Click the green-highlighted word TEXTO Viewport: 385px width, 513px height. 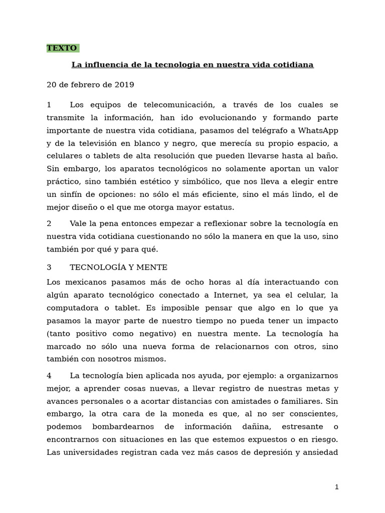tap(62, 48)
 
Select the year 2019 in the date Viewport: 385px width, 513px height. tap(124, 85)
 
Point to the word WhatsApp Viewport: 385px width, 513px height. tap(318, 131)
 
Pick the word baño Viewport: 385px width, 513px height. tap(328, 156)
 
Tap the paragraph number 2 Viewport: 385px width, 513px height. tap(49, 223)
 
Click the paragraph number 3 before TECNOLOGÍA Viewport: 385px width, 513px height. tap(49, 268)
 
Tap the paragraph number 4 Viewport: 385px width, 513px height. tap(49, 376)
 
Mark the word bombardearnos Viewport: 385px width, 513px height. tap(125, 427)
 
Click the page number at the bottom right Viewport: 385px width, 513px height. tap(337, 487)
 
